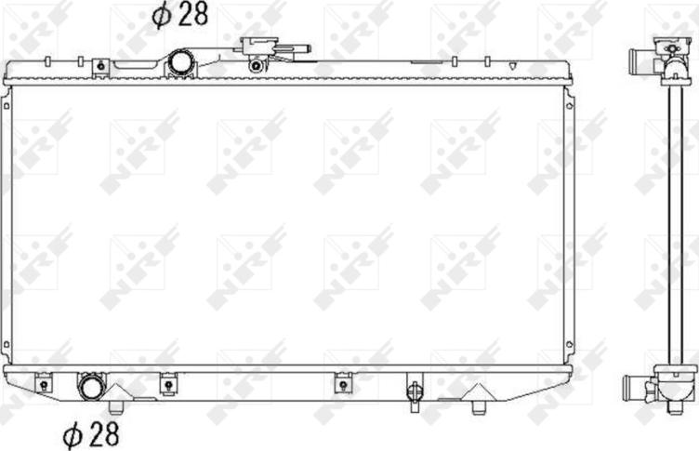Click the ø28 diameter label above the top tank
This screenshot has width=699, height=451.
pyautogui.click(x=179, y=15)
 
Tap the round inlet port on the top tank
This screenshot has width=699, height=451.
pyautogui.click(x=180, y=63)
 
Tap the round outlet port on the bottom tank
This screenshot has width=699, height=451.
pyautogui.click(x=91, y=387)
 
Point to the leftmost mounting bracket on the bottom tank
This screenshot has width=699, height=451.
pyautogui.click(x=44, y=384)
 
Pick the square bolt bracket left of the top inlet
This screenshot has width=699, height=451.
pyautogui.click(x=100, y=67)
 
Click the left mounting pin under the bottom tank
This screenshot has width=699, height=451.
pyautogui.click(x=115, y=407)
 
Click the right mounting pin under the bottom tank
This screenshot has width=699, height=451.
pyautogui.click(x=479, y=407)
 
